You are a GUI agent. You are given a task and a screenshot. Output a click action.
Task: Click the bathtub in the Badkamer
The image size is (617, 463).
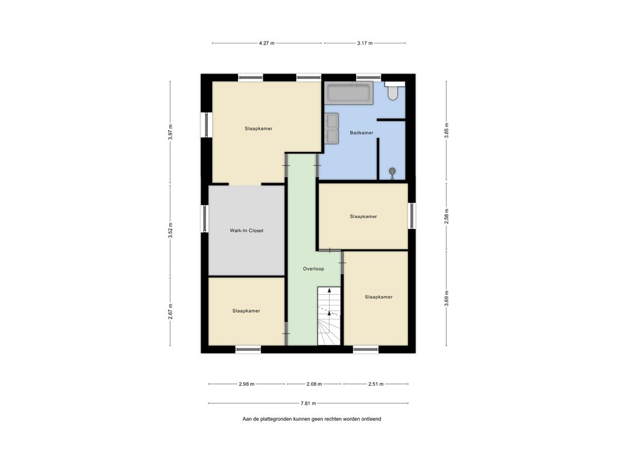click(348, 93)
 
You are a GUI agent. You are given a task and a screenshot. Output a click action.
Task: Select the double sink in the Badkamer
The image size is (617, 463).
click(331, 128)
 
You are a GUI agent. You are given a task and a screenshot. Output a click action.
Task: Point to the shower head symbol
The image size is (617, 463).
click(393, 172)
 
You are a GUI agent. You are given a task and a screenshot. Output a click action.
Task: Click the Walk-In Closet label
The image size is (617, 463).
click(246, 230)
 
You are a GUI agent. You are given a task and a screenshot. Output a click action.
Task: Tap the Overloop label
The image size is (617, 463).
click(313, 269)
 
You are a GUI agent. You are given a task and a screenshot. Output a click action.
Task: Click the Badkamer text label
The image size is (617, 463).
click(362, 133)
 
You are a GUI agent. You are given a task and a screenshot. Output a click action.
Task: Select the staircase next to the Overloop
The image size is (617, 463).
click(329, 316)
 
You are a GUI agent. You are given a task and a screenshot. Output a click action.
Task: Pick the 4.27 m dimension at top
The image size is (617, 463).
click(266, 43)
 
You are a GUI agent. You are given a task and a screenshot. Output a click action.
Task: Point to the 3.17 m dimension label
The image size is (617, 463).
click(365, 43)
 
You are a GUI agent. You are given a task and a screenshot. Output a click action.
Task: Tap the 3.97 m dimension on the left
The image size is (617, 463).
click(171, 133)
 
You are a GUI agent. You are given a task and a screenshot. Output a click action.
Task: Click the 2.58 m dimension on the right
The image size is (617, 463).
click(446, 216)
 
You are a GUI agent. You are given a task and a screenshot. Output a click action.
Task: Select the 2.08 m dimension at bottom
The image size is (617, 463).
click(314, 384)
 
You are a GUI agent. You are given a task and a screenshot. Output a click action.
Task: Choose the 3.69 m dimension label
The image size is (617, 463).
click(446, 298)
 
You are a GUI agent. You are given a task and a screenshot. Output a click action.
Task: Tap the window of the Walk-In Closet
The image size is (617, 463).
click(205, 219)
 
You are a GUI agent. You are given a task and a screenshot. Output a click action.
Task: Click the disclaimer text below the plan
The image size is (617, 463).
click(312, 419)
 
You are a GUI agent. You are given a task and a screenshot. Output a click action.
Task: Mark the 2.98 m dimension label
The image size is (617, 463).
click(246, 384)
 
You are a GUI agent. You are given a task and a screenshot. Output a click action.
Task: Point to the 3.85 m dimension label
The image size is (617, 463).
click(446, 130)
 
